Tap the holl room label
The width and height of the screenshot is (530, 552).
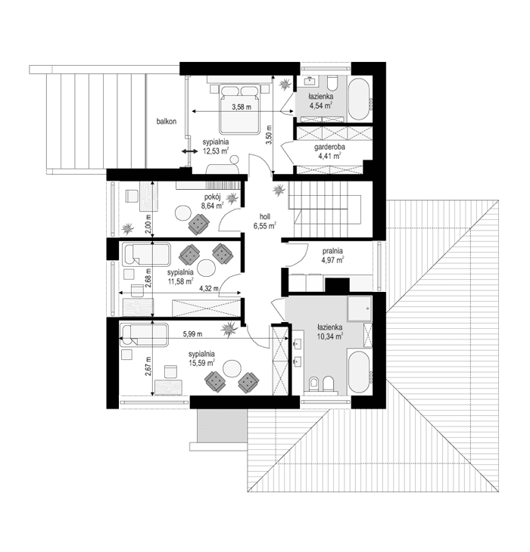tap(264, 216)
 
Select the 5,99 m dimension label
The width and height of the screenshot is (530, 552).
tap(195, 333)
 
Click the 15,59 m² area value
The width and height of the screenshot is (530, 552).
tap(201, 363)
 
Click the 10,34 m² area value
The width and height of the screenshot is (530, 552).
tap(329, 336)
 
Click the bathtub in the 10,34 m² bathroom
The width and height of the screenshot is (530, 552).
tap(359, 371)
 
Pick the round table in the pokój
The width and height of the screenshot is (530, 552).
tap(182, 213)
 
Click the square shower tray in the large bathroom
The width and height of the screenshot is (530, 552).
tap(360, 309)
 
